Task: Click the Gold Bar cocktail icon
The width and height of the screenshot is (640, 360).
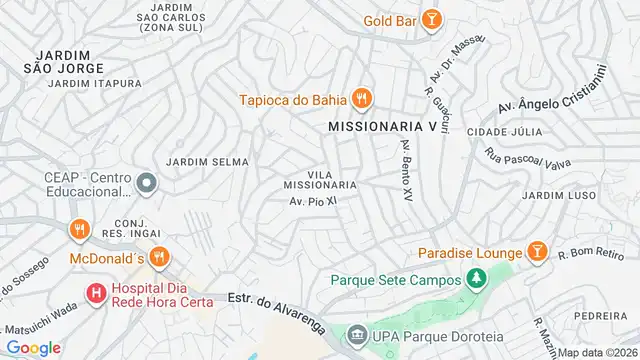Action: point(431,19)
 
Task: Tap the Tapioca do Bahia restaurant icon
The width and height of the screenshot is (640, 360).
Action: point(362,98)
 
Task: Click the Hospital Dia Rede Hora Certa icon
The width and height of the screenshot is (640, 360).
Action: point(96,294)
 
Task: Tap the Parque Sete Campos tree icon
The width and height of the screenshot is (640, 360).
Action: point(476,277)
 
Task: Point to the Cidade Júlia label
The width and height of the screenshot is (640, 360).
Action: point(511,132)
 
